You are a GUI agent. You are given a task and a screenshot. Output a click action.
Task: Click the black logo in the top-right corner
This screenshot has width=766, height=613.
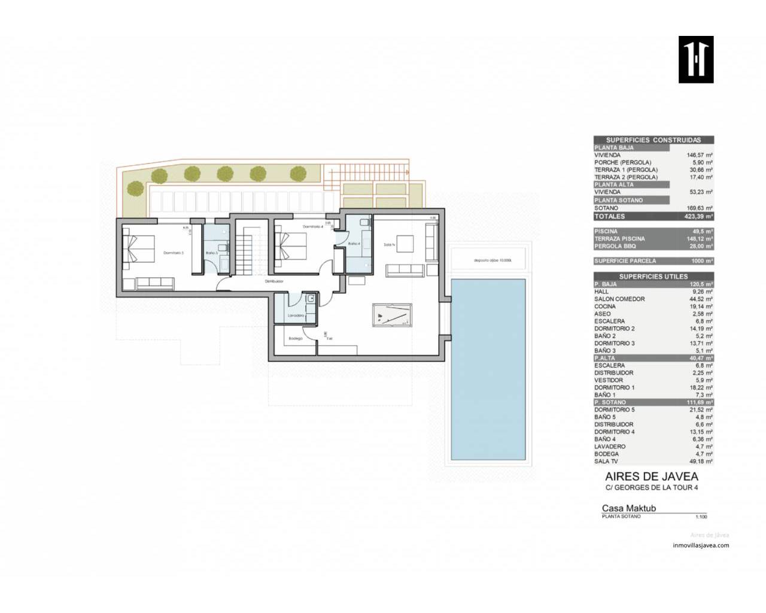(696, 59)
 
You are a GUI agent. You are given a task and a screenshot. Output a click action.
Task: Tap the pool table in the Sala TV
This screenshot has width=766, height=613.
(392, 314)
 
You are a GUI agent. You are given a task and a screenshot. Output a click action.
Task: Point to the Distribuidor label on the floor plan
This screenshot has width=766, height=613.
(274, 281)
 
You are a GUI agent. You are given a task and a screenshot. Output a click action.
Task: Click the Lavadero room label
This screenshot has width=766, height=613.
(296, 315)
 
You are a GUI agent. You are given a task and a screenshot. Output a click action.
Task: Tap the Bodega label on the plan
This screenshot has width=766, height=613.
(296, 338)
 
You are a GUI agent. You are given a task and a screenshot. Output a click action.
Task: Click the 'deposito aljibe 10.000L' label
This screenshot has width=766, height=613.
(489, 260)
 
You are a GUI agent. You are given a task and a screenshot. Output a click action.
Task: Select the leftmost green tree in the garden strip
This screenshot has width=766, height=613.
(159, 175)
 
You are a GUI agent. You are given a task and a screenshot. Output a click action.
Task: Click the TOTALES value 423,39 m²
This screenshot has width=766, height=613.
(700, 216)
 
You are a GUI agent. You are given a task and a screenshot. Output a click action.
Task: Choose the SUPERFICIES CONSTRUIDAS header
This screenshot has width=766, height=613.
(653, 140)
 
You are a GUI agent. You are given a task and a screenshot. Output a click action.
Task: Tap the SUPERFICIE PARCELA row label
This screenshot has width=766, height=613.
(625, 261)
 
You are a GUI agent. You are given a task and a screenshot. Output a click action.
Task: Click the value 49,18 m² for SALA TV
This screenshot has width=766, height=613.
(700, 462)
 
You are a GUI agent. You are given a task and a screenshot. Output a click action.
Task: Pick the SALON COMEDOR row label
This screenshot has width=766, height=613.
(619, 299)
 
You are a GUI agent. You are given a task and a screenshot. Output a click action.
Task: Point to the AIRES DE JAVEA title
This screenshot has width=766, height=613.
(652, 477)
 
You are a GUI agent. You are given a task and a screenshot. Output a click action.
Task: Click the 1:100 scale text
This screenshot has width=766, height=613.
(701, 517)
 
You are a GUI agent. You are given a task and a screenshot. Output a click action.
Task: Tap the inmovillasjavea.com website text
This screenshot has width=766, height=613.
(701, 545)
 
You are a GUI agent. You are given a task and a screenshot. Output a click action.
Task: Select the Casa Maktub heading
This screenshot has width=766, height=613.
(629, 508)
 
